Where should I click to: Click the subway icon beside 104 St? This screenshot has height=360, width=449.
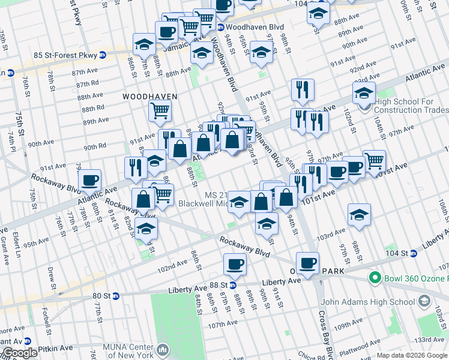click(414, 254)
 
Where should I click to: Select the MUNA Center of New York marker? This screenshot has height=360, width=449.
click(163, 349)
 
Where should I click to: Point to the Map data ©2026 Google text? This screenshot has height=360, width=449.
click(412, 355)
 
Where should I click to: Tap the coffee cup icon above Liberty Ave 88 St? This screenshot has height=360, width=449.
click(235, 264)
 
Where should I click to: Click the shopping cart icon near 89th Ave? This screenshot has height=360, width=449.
click(160, 110)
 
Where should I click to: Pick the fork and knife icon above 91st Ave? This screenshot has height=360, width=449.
click(303, 89)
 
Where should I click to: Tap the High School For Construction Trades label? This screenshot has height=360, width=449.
click(411, 106)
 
